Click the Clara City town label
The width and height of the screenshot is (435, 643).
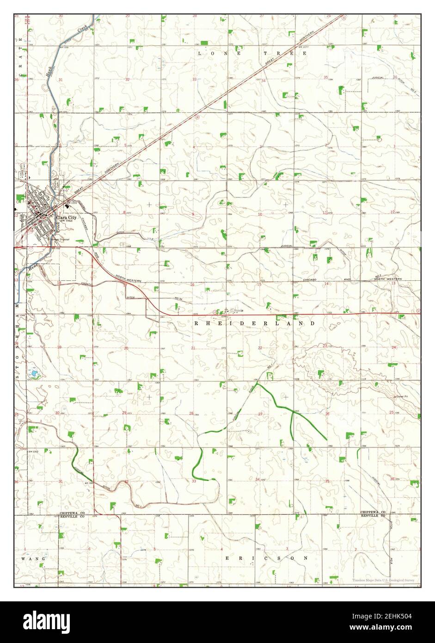[x=67, y=216]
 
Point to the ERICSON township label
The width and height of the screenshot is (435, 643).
[x=266, y=558]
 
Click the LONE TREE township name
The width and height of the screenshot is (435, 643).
[x=252, y=54]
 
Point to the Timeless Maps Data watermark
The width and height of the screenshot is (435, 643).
[x=382, y=580]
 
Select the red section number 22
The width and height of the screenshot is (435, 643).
[x=260, y=348]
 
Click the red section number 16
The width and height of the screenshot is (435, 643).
[x=193, y=285]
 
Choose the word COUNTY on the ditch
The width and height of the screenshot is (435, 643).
[x=86, y=284]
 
